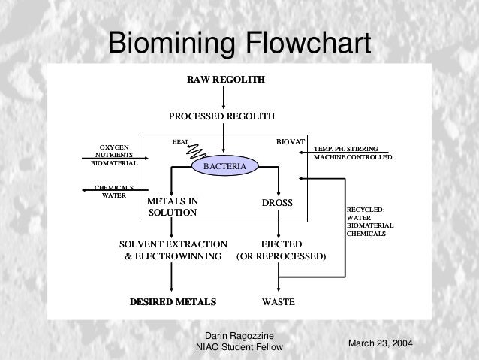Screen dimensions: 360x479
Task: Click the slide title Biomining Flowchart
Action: click(239, 43)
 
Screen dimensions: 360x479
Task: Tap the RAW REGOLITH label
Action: click(225, 79)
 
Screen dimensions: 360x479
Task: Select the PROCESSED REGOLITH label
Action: click(221, 116)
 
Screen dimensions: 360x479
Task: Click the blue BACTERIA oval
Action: click(224, 165)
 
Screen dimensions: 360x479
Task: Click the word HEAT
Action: click(180, 141)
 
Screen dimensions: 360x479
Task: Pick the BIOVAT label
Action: click(290, 141)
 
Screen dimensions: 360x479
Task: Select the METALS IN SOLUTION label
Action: click(173, 207)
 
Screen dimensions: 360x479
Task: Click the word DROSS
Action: click(276, 203)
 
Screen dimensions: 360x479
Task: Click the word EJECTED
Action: click(281, 244)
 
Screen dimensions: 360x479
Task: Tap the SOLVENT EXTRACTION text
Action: click(173, 244)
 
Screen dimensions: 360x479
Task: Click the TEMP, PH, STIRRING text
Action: click(345, 148)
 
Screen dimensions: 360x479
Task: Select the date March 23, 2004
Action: click(381, 343)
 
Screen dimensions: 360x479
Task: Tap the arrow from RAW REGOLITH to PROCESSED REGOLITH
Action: click(224, 96)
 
